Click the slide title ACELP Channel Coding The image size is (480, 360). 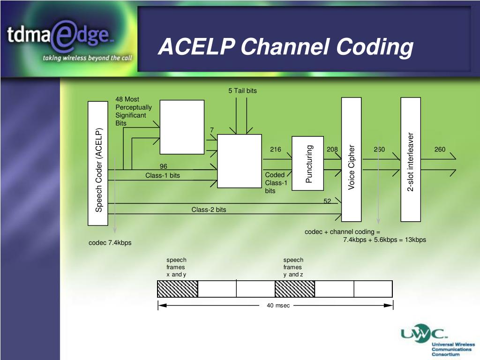(285, 47)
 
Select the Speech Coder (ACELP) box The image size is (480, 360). (98, 163)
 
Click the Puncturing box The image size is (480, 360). (308, 163)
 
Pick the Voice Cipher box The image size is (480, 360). (352, 159)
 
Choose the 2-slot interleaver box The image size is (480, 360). (411, 159)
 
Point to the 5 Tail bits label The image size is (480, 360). (242, 90)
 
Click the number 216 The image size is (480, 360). (276, 150)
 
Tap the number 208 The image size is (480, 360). (332, 150)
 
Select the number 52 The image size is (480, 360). (327, 201)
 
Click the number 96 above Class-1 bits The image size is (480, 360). (163, 166)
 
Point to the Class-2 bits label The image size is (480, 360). (209, 210)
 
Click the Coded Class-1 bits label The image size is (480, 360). (275, 183)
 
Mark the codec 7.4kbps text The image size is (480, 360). (110, 243)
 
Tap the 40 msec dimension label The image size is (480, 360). (278, 306)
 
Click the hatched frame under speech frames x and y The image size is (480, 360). (178, 289)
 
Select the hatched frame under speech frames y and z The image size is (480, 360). (295, 289)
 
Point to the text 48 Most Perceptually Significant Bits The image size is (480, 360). (134, 111)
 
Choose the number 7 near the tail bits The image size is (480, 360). (212, 130)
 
